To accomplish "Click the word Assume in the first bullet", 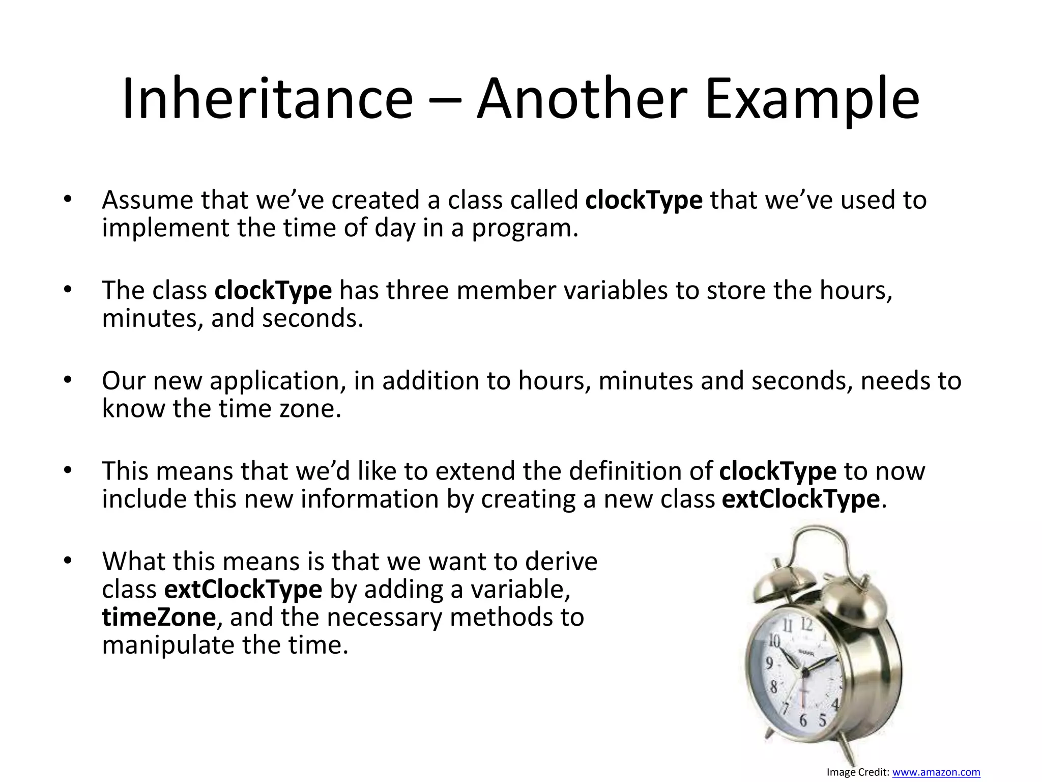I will [148, 200].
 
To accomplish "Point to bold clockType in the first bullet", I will [644, 201].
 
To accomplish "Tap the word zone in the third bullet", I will [310, 409].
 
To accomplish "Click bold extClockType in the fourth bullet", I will [800, 499].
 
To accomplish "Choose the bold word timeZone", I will [159, 618].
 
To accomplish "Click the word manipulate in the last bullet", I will [168, 646].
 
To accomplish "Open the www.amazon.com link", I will [936, 772].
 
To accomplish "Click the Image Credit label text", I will [858, 772].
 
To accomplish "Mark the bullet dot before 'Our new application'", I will [68, 379].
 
